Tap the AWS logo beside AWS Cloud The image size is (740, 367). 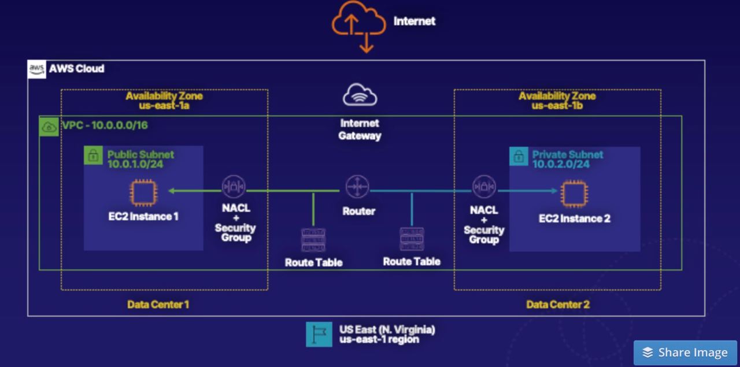(37, 69)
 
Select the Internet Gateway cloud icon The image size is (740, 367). (360, 95)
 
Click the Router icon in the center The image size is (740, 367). (357, 187)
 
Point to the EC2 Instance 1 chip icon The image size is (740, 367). (143, 192)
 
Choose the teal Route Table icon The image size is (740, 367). (412, 239)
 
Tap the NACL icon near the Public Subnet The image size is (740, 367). (234, 187)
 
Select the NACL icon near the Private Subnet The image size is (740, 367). (484, 187)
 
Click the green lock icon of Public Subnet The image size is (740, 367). (93, 155)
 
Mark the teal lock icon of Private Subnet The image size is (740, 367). (519, 156)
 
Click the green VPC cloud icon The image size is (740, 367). (49, 127)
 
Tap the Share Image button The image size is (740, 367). (685, 353)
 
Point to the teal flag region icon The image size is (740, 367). (319, 334)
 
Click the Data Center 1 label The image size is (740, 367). (158, 304)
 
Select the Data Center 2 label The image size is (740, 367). (558, 304)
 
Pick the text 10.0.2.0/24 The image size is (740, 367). (561, 164)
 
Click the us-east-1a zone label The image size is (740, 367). (164, 106)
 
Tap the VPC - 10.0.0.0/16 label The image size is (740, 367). (101, 125)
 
